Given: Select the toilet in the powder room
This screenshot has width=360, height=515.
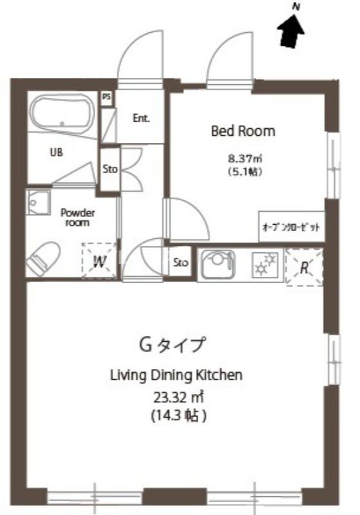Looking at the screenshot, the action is click(x=43, y=258).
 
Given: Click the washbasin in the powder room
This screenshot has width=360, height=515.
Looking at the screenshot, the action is click(x=38, y=202).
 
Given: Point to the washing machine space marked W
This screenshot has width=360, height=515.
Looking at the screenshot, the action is click(x=99, y=261).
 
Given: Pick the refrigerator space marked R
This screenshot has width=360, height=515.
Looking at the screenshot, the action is click(x=304, y=267).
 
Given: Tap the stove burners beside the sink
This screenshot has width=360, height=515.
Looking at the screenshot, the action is click(x=265, y=264).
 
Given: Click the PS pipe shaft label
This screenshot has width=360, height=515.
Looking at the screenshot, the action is click(x=106, y=97).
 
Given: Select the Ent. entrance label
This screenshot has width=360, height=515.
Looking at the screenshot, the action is click(x=141, y=118).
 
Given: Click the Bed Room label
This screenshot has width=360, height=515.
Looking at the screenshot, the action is click(x=243, y=131).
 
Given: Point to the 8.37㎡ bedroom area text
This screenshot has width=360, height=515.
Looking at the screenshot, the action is click(x=245, y=159).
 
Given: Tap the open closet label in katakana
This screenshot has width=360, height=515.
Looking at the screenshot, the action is click(x=291, y=227).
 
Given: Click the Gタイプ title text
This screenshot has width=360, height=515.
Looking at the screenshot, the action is click(x=173, y=345).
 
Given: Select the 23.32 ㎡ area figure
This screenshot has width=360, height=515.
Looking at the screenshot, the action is click(x=179, y=397).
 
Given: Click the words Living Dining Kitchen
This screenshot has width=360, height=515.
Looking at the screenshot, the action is click(x=176, y=375).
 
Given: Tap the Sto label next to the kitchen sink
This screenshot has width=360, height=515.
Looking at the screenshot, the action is click(x=181, y=263).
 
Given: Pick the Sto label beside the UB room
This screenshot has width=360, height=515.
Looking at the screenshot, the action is click(x=110, y=169).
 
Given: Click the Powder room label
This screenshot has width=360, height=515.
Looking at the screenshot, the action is click(x=78, y=218).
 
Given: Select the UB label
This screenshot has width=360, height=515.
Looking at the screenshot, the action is click(x=56, y=153).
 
